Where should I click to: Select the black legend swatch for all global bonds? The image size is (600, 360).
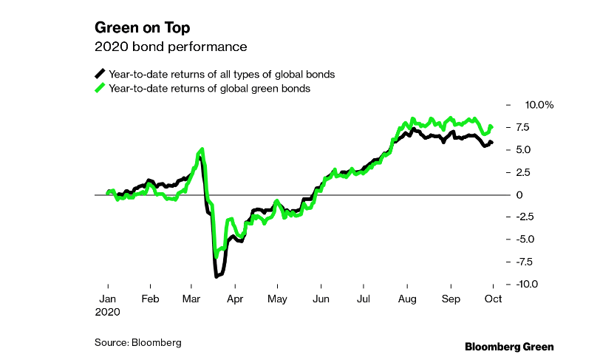[100, 74]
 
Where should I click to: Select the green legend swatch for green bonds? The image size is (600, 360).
[100, 88]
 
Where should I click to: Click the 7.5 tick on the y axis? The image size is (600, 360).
[522, 127]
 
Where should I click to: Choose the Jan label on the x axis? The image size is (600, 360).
[108, 299]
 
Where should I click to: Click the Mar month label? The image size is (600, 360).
[192, 299]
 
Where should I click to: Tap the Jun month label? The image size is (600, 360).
[321, 299]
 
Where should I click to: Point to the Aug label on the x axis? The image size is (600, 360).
[406, 299]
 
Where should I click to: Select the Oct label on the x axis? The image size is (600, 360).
[492, 299]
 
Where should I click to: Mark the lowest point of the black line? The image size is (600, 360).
[216, 276]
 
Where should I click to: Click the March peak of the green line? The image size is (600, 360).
[202, 149]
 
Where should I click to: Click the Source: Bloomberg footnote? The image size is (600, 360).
[137, 343]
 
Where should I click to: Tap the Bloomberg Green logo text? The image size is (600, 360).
[508, 346]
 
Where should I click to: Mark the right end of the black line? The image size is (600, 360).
[492, 142]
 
